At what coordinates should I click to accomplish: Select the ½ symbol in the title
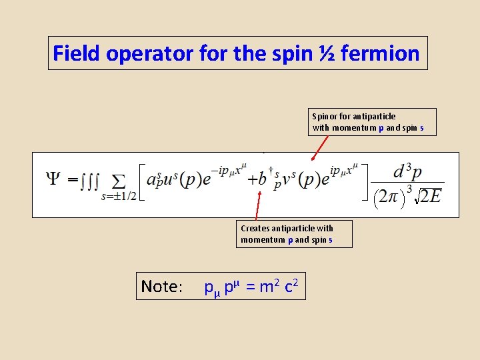[327, 53]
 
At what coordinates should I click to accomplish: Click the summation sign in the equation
[118, 181]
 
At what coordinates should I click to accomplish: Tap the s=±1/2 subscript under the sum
[119, 196]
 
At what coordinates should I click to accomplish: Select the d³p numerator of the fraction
[407, 172]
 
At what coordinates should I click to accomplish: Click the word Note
[161, 287]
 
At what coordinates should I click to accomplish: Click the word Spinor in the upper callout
[325, 117]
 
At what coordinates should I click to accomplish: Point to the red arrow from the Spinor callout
[320, 149]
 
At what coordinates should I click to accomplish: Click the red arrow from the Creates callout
[258, 206]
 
